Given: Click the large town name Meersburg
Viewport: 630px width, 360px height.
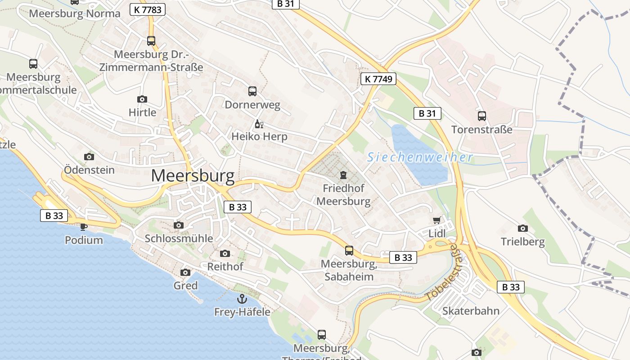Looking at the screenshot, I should point(193,176).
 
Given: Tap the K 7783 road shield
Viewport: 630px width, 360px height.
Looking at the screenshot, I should point(148,9).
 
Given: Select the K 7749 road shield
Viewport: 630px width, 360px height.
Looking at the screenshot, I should point(378,79).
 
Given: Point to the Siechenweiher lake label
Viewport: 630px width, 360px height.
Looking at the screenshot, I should point(420,157).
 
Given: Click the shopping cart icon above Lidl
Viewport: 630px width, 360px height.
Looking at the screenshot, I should point(436,220).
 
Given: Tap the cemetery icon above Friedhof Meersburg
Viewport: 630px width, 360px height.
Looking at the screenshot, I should point(343,175).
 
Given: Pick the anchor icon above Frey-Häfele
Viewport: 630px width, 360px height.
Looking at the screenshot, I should point(242,298).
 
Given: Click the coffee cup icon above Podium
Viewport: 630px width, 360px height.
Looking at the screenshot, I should point(83,226).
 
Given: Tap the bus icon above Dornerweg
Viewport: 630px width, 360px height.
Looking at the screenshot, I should point(252,91).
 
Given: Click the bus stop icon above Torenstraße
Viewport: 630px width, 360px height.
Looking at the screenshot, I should point(482,116).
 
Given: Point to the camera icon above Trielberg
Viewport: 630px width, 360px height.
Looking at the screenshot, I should point(522,228).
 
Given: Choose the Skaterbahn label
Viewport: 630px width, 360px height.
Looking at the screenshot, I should point(471,311).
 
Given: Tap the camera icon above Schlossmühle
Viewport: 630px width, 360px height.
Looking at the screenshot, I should point(179,225).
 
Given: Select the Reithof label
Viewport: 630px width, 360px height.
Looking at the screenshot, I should point(225,266).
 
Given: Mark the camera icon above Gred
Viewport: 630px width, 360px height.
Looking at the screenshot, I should point(185,272).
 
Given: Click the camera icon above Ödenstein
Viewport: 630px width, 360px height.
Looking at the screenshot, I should point(89,157).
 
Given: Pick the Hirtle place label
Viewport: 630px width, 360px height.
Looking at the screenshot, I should point(142,112).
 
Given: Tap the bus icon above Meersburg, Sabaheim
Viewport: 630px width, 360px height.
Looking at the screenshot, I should point(349,251).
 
